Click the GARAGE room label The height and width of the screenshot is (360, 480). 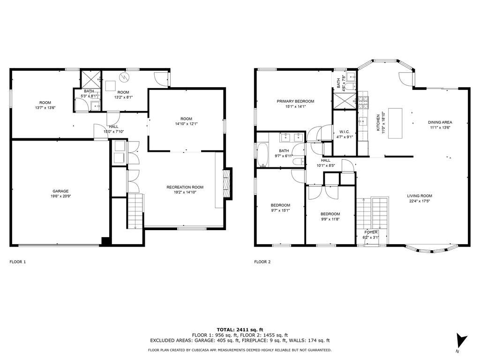point(60,191)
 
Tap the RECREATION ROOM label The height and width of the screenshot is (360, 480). point(185,187)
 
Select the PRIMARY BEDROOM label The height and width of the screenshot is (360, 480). point(295,101)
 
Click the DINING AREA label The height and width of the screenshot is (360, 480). point(440,122)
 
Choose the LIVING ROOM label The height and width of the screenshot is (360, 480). point(419,196)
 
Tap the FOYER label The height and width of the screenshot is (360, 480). point(371,232)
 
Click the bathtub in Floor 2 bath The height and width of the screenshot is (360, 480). point(262,154)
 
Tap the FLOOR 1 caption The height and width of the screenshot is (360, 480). point(18,262)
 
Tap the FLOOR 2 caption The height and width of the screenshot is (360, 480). point(262,262)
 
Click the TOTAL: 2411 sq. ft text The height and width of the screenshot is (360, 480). point(240,330)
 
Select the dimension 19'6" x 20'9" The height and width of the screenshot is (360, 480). point(60,196)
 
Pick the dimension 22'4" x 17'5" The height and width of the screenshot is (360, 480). point(419,202)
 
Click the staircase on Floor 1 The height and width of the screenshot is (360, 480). point(134,211)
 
